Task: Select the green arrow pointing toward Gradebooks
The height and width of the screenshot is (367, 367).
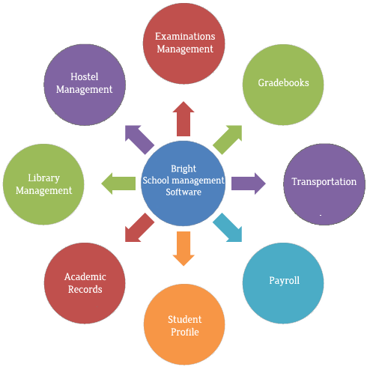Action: coord(229,138)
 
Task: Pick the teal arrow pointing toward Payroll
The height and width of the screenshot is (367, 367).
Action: coord(228,228)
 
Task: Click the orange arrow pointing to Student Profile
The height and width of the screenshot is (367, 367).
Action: coord(183,249)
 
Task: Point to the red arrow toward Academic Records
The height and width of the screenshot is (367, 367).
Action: coord(139,228)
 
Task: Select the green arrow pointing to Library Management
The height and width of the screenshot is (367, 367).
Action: coord(118,182)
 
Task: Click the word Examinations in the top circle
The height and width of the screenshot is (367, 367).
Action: coord(184,36)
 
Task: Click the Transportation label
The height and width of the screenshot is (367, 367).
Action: coord(324,182)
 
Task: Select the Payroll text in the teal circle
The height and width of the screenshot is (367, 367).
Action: coord(284,281)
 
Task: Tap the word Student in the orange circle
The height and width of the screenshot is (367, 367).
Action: coord(184,319)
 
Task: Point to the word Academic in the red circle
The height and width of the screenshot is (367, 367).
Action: coord(85,276)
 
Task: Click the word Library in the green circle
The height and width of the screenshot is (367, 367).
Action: coord(43,178)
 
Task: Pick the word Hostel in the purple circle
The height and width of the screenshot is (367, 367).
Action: coord(85,76)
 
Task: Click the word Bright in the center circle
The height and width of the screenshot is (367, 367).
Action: coord(183,169)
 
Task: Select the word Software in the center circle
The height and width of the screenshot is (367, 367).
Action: coord(183,192)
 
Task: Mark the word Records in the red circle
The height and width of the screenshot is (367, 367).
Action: coord(85,289)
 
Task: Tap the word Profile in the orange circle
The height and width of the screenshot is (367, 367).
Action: coord(184,332)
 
